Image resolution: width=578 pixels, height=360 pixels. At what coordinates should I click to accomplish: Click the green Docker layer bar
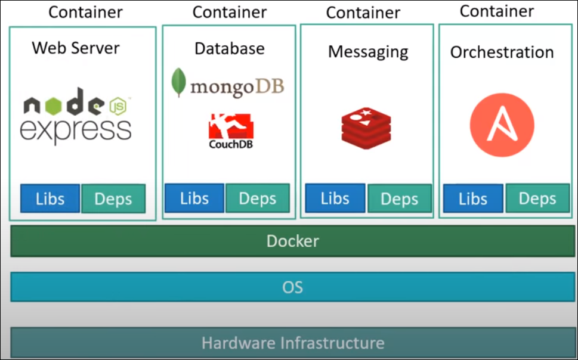(x=292, y=241)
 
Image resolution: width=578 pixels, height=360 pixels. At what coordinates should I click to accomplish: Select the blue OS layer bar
(x=292, y=287)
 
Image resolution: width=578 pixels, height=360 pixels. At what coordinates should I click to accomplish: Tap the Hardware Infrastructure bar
(x=292, y=343)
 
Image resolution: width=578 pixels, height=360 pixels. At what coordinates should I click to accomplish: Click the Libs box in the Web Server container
(x=50, y=198)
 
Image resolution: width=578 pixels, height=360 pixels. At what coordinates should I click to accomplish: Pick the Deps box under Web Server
(x=113, y=199)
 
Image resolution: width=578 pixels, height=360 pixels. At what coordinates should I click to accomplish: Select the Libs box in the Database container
(x=194, y=198)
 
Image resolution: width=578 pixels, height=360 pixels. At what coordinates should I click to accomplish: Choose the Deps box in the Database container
(x=257, y=198)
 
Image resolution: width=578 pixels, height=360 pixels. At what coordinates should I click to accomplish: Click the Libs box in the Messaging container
(x=335, y=198)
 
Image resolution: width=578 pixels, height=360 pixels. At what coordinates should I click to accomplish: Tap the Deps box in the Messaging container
(x=399, y=199)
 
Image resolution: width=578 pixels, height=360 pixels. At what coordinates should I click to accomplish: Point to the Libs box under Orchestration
(x=473, y=198)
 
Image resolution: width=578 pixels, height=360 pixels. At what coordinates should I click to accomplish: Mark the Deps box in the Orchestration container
(x=537, y=199)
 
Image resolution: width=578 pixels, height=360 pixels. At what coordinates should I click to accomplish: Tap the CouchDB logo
(x=230, y=131)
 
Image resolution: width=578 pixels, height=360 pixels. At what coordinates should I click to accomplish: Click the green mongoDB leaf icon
(x=178, y=83)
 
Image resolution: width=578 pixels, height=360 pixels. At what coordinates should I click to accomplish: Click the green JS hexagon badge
(x=119, y=106)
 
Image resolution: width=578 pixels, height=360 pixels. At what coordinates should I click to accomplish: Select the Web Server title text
(x=76, y=48)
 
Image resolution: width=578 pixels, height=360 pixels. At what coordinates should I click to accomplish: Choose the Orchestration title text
(x=502, y=52)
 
